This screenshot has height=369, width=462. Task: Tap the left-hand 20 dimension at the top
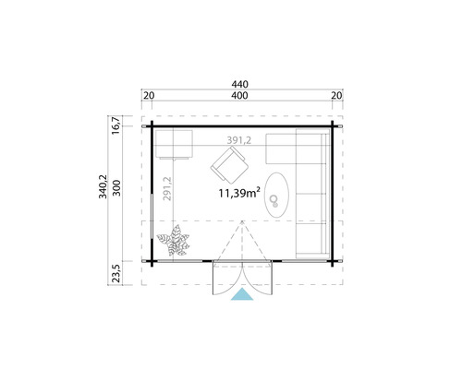pyautogui.click(x=149, y=96)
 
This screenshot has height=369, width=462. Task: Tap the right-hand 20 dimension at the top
pyautogui.click(x=336, y=96)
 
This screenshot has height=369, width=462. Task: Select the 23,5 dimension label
pyautogui.click(x=115, y=274)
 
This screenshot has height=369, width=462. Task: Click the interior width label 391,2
pyautogui.click(x=242, y=140)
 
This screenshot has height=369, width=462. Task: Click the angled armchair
pyautogui.click(x=228, y=166)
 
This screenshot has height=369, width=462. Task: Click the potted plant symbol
pyautogui.click(x=174, y=243)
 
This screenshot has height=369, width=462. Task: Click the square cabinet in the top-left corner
pyautogui.click(x=172, y=145)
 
